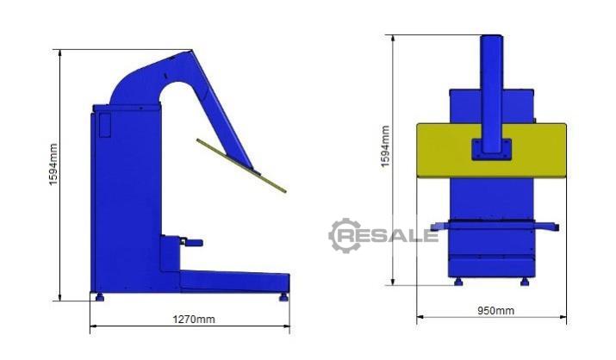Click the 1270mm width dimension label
tap(194, 320)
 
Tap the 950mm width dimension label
tap(495, 311)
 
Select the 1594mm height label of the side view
tap(53, 164)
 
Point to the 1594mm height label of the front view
tap(385, 146)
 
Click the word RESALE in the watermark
tap(389, 236)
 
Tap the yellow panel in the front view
tap(491, 151)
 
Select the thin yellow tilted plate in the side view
tap(241, 165)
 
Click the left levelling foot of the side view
tap(100, 297)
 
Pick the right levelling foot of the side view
tap(283, 297)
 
